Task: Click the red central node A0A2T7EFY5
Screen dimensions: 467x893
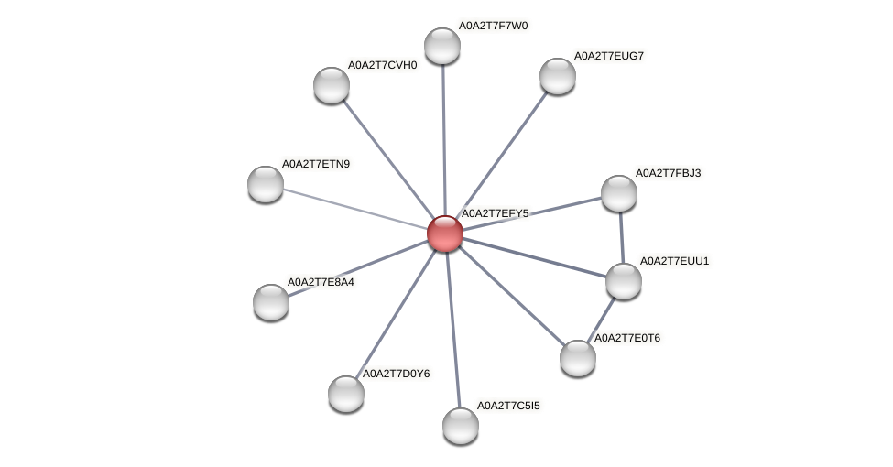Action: coord(445,233)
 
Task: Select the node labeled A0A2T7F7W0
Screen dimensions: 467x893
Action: coord(442,46)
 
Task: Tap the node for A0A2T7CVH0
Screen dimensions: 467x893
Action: coord(332,85)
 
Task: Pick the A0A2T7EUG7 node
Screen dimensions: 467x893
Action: coord(557,76)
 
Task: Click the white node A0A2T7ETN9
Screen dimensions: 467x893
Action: coord(266,184)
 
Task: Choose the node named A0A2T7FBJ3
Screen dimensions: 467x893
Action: coord(619,192)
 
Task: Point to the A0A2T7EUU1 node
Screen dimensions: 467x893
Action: coord(624,280)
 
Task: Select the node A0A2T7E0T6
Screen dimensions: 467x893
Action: coord(578,357)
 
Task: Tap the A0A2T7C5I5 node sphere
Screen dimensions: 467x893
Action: coord(461,425)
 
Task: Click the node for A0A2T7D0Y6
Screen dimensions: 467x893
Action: coord(346,393)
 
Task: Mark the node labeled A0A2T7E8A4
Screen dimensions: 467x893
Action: coord(271,301)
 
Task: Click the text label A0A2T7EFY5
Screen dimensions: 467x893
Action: coord(495,213)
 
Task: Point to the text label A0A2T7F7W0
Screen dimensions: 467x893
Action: coord(493,26)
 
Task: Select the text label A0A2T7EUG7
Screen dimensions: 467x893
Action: coord(608,56)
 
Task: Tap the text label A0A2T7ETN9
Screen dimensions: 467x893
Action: coord(316,164)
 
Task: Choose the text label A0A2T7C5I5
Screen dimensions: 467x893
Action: coord(511,405)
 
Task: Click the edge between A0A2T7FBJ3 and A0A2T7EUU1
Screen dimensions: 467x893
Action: coord(621,236)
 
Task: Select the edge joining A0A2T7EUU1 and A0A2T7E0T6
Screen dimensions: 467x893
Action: coord(601,319)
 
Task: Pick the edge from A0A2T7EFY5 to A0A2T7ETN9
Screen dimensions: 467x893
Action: coord(355,209)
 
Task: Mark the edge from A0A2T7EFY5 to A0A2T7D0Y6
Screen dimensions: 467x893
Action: coord(396,313)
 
